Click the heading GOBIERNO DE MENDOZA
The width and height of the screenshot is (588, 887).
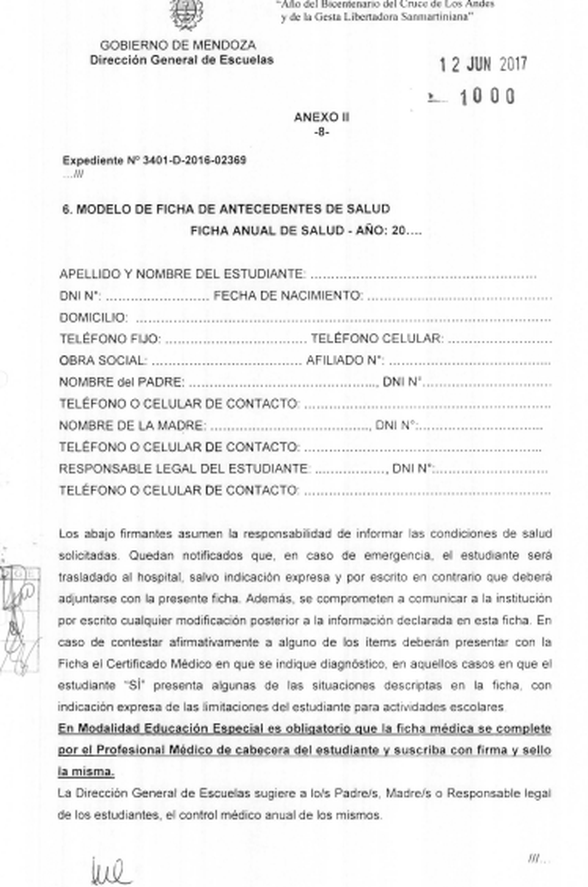click(178, 46)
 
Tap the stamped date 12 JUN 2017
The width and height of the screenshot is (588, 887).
click(482, 65)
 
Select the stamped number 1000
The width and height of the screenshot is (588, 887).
click(487, 97)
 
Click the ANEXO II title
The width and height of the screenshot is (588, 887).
click(321, 118)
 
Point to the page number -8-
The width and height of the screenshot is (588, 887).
click(321, 132)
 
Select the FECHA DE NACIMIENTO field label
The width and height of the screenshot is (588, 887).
click(288, 296)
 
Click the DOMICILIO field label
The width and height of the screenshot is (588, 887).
click(93, 318)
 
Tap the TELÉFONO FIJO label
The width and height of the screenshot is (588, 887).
click(109, 339)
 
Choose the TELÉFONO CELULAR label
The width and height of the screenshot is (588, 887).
click(377, 339)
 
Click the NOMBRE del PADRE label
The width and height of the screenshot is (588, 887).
click(122, 382)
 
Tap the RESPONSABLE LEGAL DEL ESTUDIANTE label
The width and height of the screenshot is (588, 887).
click(184, 469)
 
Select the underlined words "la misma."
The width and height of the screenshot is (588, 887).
click(86, 772)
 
